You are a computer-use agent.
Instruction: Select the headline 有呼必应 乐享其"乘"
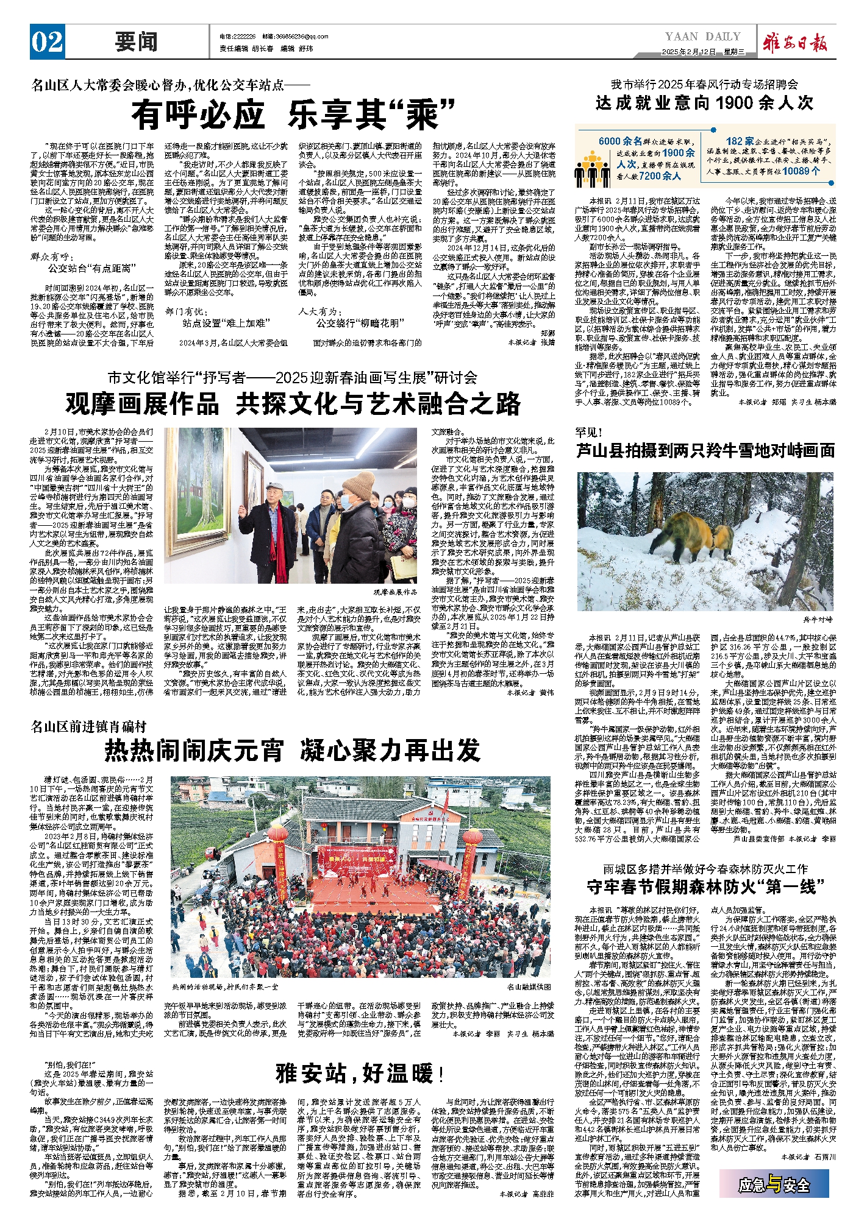pyautogui.click(x=293, y=115)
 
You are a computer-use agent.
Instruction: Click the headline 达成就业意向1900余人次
pyautogui.click(x=704, y=103)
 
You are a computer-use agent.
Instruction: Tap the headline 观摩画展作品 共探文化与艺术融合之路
pyautogui.click(x=293, y=404)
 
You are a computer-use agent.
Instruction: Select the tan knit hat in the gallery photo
pyautogui.click(x=359, y=484)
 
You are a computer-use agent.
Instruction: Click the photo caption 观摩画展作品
pyautogui.click(x=395, y=592)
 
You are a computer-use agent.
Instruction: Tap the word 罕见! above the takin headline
pyautogui.click(x=588, y=433)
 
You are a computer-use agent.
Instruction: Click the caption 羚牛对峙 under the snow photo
pyautogui.click(x=817, y=619)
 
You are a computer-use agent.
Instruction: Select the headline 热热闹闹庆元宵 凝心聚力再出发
pyautogui.click(x=293, y=750)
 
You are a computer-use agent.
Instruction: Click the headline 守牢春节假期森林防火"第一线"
pyautogui.click(x=705, y=887)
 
